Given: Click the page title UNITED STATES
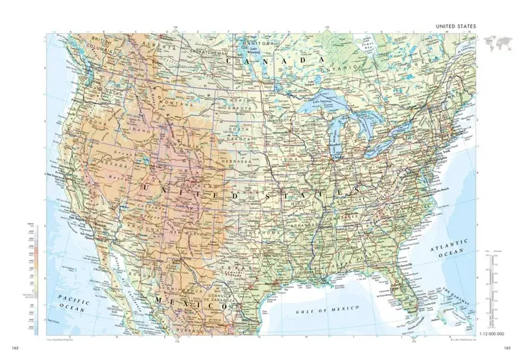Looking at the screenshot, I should pyautogui.click(x=456, y=26).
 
